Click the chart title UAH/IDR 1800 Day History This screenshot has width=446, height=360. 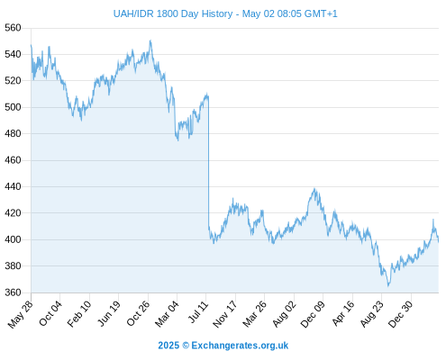coord(173,13)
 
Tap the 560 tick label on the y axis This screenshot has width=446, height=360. coord(13,28)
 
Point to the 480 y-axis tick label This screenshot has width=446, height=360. coord(13,133)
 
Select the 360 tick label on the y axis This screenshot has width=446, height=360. coord(13,292)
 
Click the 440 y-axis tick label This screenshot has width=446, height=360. coord(13,186)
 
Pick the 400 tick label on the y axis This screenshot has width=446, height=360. coord(13,239)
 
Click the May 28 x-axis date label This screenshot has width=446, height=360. coord(21,314)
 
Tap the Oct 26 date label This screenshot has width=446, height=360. coord(138,313)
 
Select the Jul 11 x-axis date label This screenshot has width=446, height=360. coord(198,312)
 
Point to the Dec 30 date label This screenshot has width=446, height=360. coord(400,314)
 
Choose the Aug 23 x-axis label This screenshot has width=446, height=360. coord(372,314)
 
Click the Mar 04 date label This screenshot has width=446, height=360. coord(167,313)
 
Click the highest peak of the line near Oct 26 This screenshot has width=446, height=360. coord(150,40)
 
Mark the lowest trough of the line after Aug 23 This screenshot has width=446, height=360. coord(388,286)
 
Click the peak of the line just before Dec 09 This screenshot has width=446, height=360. coord(314,188)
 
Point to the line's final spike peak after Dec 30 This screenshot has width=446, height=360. coord(433,220)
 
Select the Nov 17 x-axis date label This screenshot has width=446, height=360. coord(225,314)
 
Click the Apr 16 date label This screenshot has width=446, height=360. coord(343,313)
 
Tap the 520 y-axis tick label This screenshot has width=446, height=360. coord(13,80)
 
